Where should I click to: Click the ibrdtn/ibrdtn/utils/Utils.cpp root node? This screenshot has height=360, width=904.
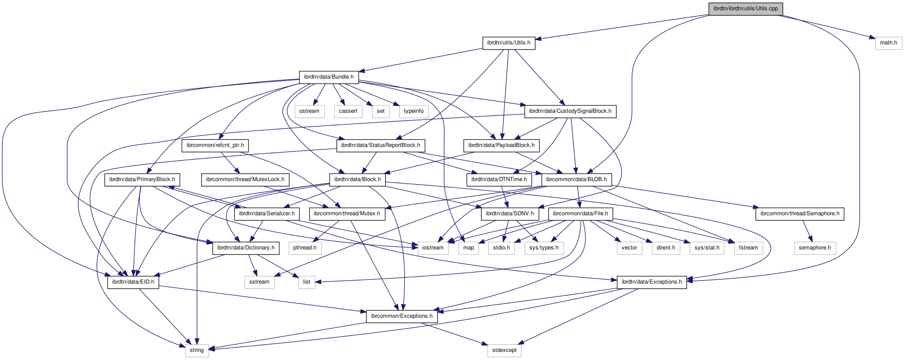click(746, 9)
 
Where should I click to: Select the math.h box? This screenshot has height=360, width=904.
click(888, 43)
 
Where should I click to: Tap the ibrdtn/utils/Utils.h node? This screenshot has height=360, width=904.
click(509, 43)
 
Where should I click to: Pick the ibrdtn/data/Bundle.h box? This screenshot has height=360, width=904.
click(328, 77)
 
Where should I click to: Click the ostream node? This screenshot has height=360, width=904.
click(309, 111)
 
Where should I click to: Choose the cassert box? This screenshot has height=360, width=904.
click(348, 111)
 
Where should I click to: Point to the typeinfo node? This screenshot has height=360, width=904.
click(413, 111)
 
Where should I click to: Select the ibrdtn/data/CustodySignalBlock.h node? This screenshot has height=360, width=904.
click(570, 111)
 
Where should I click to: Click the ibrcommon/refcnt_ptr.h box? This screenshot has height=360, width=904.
click(215, 145)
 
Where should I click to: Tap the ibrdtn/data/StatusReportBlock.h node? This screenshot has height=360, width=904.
click(380, 145)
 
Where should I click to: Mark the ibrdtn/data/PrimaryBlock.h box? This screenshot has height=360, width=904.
click(142, 179)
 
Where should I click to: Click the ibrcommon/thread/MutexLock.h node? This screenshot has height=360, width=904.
click(245, 179)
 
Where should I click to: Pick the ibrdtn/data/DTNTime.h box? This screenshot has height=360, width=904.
click(499, 179)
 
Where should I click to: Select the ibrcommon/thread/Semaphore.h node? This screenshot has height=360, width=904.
click(800, 214)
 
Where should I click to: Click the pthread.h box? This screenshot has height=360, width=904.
click(305, 248)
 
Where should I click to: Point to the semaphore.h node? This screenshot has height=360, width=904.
click(815, 248)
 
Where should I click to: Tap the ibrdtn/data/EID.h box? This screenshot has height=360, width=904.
click(133, 282)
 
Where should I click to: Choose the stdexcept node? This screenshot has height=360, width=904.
click(504, 350)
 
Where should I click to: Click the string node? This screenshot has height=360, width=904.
click(197, 350)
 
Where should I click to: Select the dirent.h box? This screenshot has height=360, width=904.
click(666, 248)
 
